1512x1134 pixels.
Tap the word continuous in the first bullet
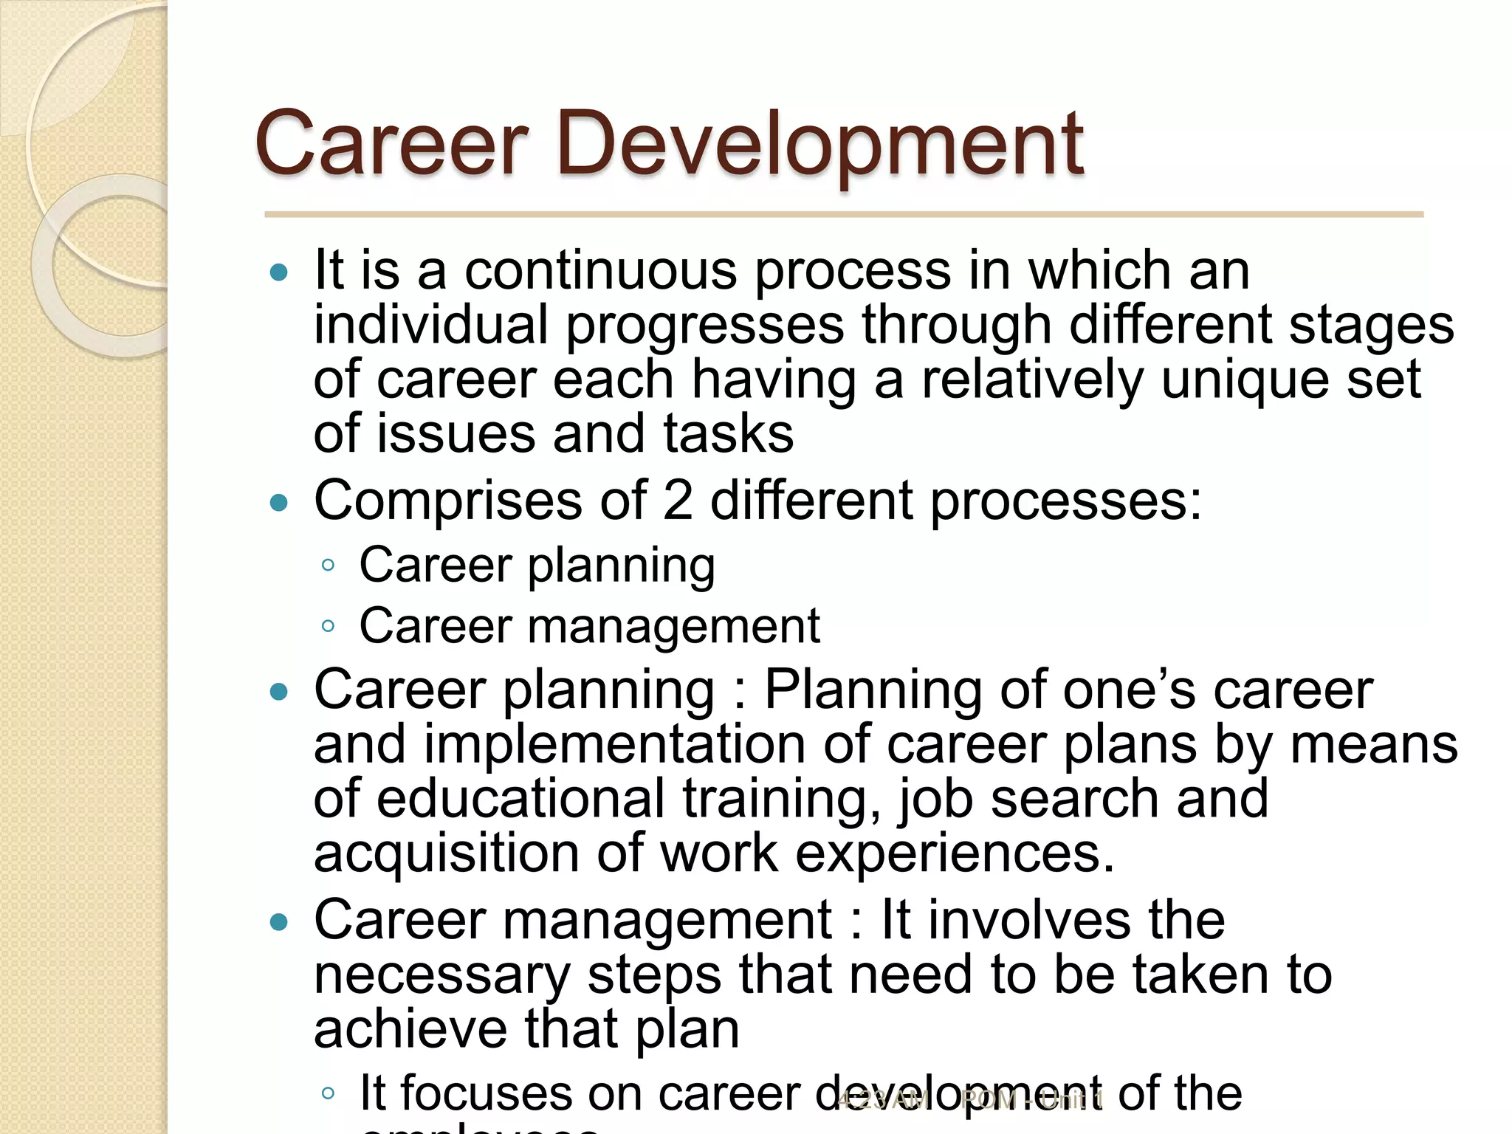[600, 270]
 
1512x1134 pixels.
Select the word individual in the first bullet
[430, 325]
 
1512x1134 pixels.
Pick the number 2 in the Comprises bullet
[678, 501]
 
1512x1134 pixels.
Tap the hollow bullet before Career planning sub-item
[329, 566]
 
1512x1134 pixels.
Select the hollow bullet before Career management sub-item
[329, 627]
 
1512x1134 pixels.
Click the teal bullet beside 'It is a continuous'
[279, 273]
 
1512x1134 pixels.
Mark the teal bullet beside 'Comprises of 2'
[279, 504]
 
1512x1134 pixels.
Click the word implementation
[614, 744]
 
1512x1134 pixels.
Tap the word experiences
[954, 853]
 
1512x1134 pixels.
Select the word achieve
[410, 1029]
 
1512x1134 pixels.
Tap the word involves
[1028, 920]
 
